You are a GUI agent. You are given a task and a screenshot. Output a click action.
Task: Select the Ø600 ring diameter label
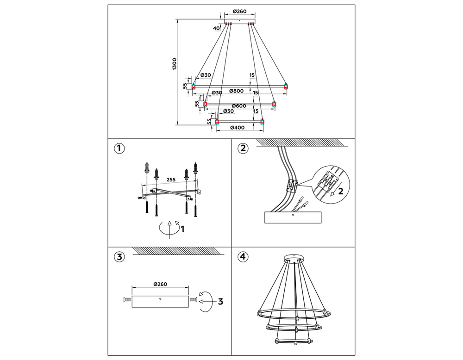[238, 106]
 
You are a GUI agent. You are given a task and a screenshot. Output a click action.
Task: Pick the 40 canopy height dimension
[216, 28]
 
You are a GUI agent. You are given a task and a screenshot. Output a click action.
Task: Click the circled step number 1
[119, 149]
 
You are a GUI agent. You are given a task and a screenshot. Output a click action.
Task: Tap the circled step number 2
[243, 149]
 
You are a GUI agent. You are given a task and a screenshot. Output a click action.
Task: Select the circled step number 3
[119, 257]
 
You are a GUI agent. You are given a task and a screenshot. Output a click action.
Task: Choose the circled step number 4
[243, 257]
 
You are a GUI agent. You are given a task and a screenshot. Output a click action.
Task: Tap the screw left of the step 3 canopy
[126, 301]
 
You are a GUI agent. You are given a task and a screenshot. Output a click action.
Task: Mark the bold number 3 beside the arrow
[220, 301]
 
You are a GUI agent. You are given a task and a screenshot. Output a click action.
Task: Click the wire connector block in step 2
[292, 186]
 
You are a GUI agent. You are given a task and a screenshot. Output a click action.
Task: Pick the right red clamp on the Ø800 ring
[286, 86]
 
